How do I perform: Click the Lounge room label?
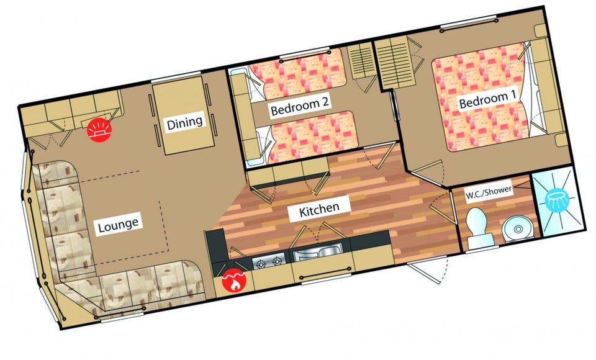(x=118, y=225)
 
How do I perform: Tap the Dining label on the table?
(x=185, y=122)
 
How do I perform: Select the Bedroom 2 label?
(x=299, y=106)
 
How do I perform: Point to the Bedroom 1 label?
(x=487, y=99)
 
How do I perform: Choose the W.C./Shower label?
(x=489, y=193)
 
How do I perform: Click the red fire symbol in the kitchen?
(x=234, y=281)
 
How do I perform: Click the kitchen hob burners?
(x=269, y=261)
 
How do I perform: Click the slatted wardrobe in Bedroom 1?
(x=395, y=63)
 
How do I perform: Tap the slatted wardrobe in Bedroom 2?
(x=361, y=60)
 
